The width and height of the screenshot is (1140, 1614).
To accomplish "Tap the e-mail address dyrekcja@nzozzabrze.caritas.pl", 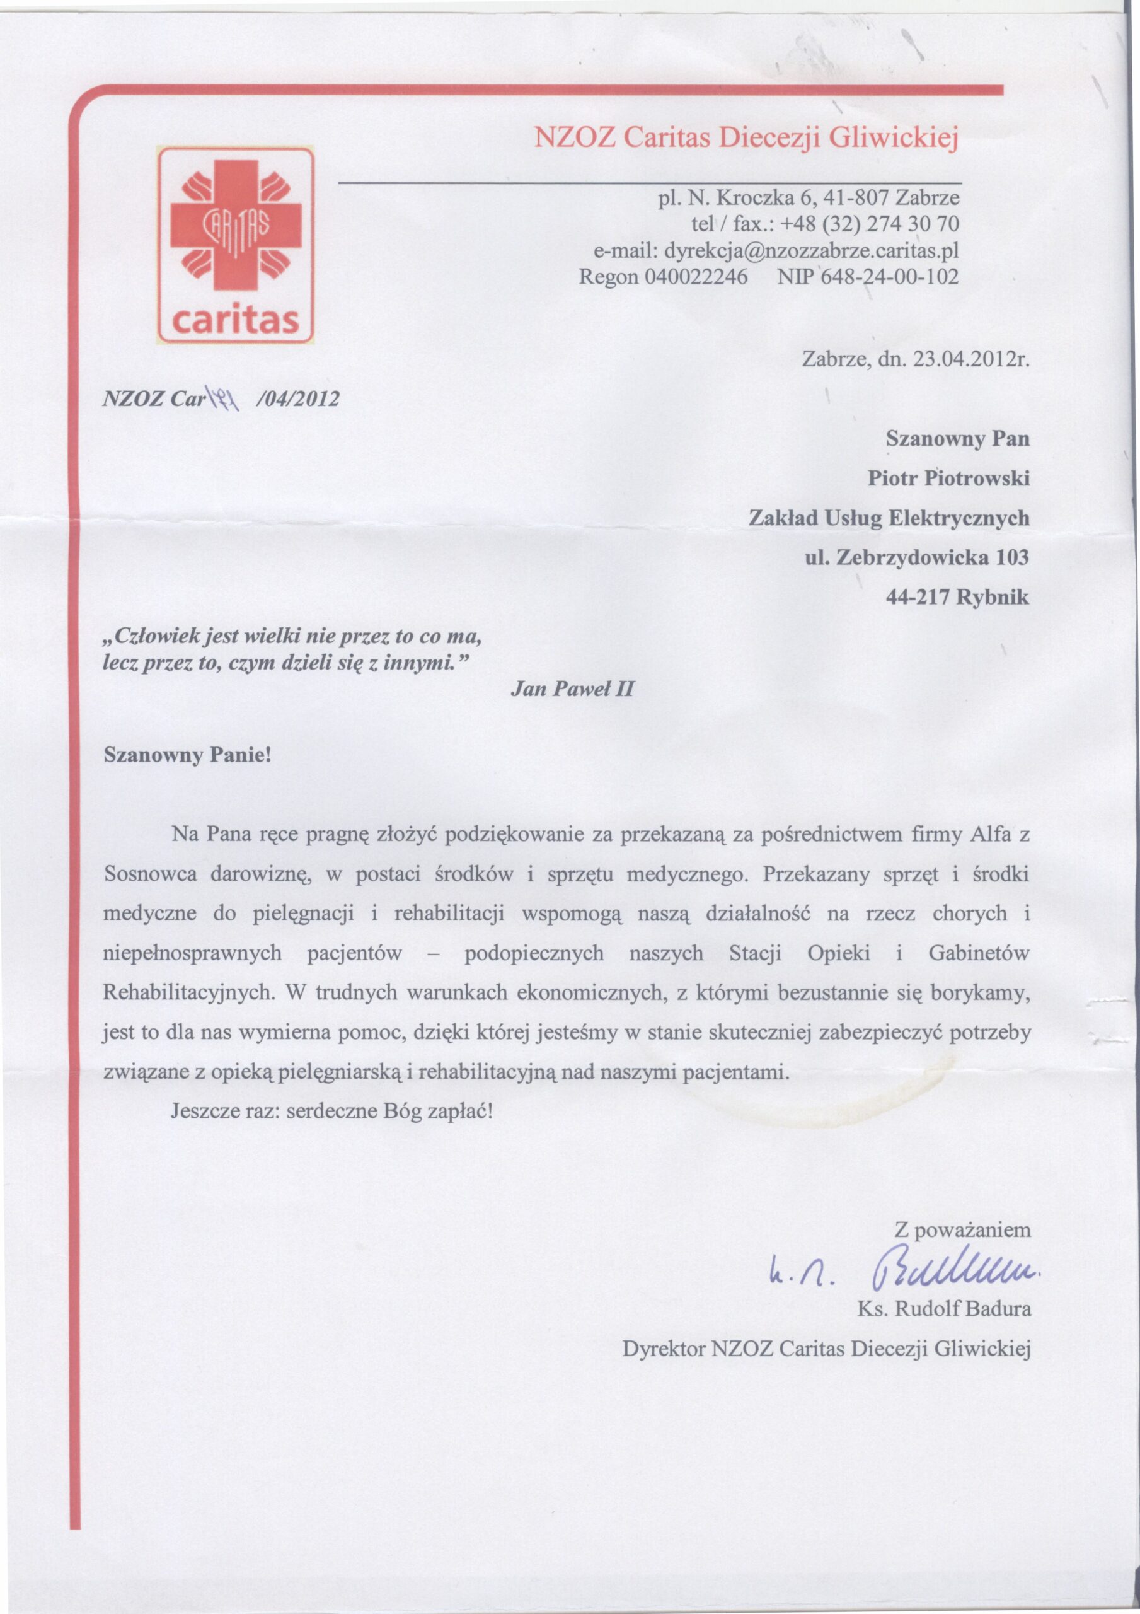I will [812, 250].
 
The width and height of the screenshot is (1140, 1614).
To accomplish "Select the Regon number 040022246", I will [696, 277].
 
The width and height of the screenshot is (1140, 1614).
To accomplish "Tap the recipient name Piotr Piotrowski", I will [948, 479].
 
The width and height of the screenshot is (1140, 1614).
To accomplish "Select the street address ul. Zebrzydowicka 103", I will [916, 557].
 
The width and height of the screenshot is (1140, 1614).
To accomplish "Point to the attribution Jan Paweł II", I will [572, 689].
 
